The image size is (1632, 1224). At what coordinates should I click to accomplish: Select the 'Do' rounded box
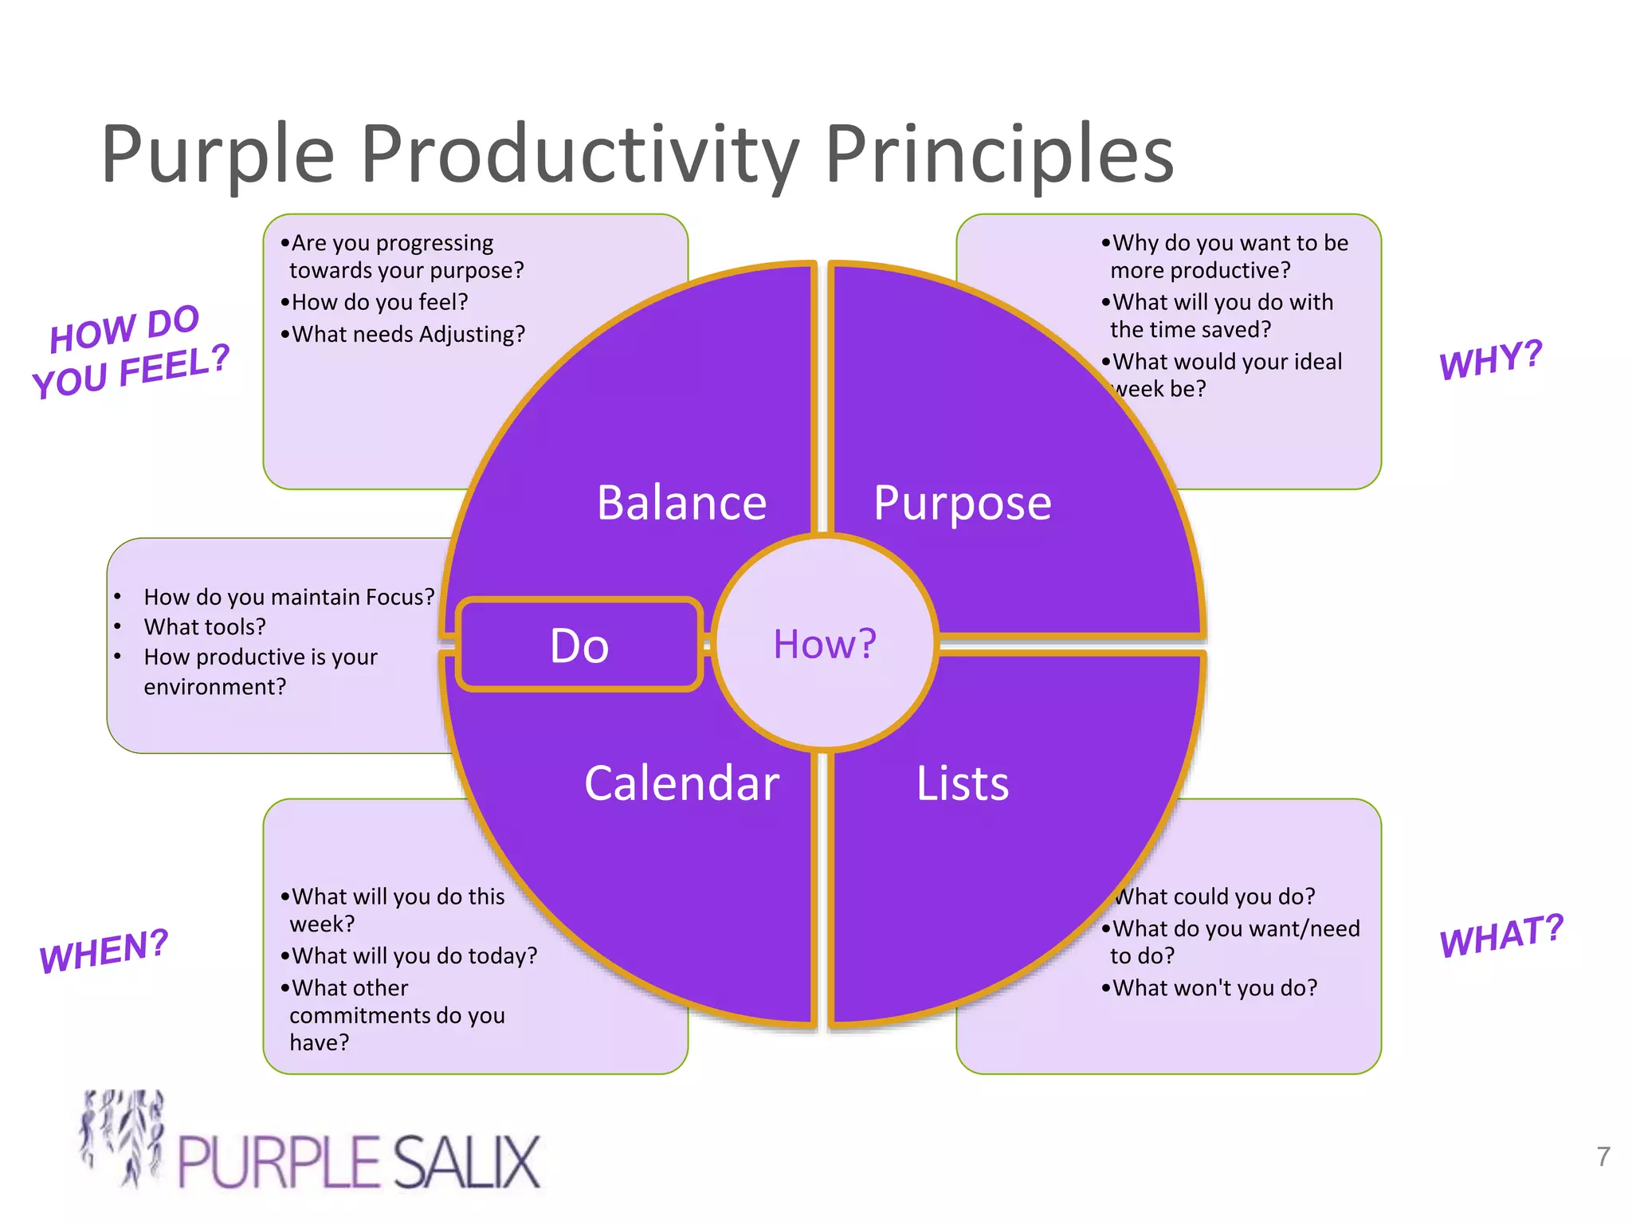point(579,645)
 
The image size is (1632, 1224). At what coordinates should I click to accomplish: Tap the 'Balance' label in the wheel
point(681,503)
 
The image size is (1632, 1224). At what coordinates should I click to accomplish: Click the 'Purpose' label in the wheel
point(962,503)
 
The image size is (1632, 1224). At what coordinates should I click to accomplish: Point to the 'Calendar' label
point(681,783)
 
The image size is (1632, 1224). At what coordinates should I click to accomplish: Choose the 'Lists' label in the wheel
point(962,783)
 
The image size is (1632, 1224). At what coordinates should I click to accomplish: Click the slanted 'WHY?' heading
point(1490,359)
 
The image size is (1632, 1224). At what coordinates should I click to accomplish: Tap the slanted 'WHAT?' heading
point(1501,936)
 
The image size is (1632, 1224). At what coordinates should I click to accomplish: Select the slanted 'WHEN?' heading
point(104,950)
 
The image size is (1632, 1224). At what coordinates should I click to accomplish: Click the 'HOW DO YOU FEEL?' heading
point(130,352)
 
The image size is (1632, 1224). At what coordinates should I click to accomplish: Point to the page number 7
point(1603,1156)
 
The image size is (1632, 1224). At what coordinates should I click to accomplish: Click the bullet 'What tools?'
point(205,627)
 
